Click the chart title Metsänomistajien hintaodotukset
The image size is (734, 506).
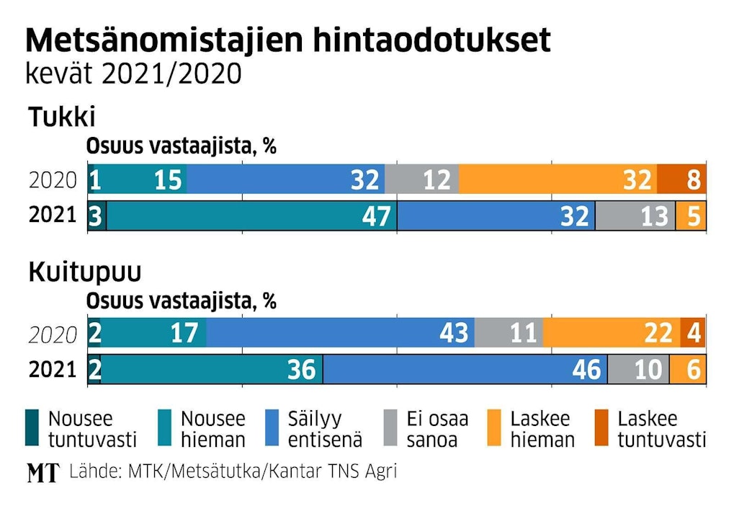[x=287, y=41]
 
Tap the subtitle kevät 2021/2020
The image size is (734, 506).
[x=133, y=74]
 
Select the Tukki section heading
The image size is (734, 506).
[x=62, y=117]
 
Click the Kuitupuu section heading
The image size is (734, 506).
[x=84, y=273]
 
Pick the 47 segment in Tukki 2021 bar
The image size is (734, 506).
[x=251, y=216]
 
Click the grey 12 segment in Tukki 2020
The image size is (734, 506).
[x=421, y=179]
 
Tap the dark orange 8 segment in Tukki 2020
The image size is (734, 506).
[x=681, y=179]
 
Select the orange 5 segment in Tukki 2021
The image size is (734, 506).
[x=691, y=216]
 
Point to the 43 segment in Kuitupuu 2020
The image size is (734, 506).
[x=340, y=332]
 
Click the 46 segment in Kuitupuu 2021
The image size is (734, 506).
[x=465, y=369]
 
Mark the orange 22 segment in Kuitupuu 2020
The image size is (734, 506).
[x=612, y=332]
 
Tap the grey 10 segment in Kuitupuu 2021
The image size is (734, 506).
[x=638, y=369]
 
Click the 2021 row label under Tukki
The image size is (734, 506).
[x=52, y=216]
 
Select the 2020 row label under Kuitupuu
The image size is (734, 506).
[x=52, y=334]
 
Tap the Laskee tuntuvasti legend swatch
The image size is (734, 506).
[x=604, y=429]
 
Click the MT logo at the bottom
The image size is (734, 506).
[x=43, y=473]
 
